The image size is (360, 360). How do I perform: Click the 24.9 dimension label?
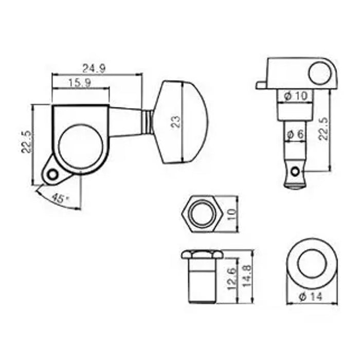pos(94,68)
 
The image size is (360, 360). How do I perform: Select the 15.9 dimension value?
pos(80,83)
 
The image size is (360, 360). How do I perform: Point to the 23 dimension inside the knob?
pos(176,122)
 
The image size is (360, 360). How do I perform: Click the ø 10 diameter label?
pos(296,96)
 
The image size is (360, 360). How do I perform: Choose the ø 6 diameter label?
pos(296,134)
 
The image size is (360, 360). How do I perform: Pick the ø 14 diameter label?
pos(311,297)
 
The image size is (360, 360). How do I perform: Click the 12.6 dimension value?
pos(232,279)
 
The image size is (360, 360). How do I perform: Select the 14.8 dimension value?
pos(247,276)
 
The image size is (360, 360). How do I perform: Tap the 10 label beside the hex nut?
pos(232,214)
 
